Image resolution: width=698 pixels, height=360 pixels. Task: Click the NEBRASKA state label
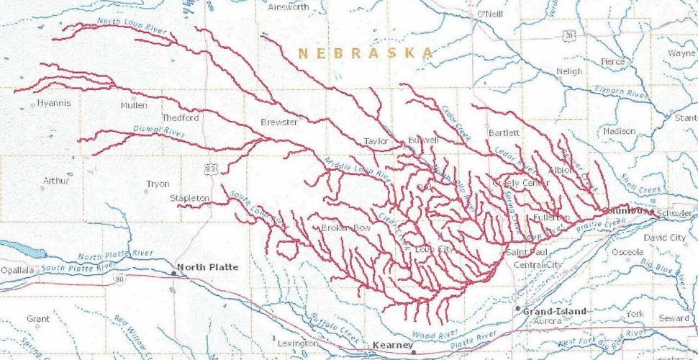[x=366, y=53]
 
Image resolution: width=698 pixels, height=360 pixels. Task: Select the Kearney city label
[x=393, y=346]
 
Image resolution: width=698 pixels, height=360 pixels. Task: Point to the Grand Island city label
[x=554, y=312]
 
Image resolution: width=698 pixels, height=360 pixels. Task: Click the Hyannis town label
[x=54, y=103]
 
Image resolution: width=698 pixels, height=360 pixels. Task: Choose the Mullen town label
[x=134, y=105]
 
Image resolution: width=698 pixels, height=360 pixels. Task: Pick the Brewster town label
[x=278, y=122]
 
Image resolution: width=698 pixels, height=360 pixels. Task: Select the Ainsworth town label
[x=288, y=7]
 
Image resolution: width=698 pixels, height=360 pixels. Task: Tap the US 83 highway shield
[x=210, y=168]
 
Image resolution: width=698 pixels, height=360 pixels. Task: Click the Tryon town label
[x=158, y=184]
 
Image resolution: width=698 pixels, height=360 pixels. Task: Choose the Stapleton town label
[x=189, y=198]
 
